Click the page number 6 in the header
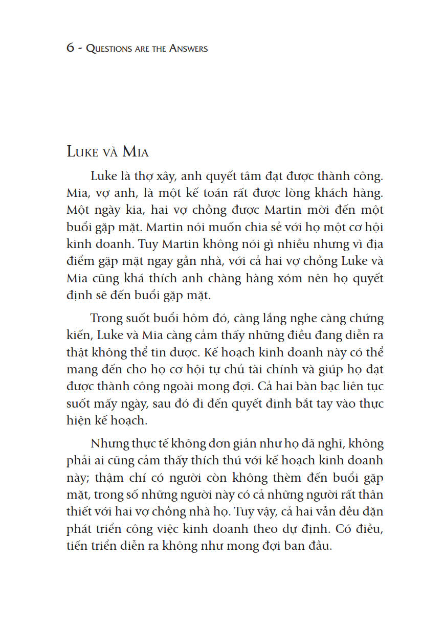point(70,49)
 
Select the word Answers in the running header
point(186,49)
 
